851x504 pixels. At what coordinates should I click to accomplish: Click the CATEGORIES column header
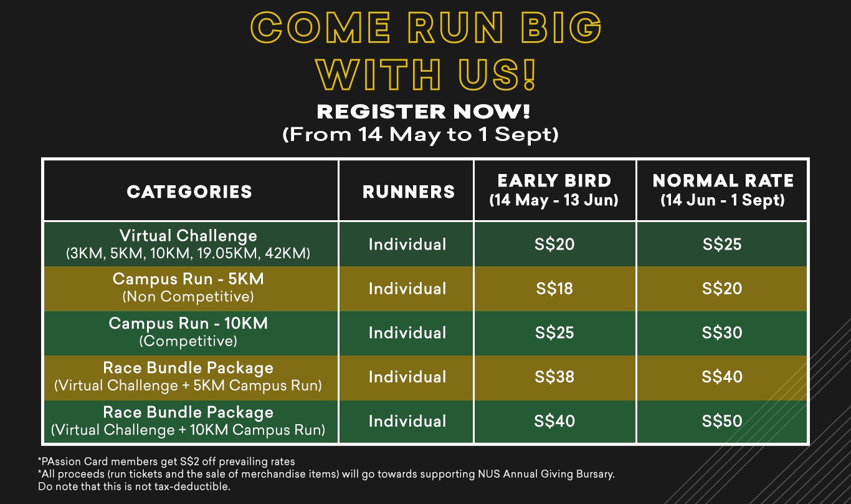pos(189,191)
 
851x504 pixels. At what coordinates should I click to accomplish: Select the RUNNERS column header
pos(409,191)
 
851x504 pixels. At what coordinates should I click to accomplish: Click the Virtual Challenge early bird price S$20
pos(554,244)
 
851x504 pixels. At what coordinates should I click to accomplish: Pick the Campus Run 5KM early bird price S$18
pos(554,288)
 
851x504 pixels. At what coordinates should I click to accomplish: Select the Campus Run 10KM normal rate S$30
pos(722,333)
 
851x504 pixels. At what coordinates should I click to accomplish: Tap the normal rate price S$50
pos(722,421)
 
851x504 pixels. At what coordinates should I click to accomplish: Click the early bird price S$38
pos(554,377)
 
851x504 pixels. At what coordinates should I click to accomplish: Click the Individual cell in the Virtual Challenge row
pos(407,244)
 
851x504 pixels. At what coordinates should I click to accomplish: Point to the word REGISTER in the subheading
pos(381,112)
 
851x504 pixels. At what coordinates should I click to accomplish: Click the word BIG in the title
pos(561,27)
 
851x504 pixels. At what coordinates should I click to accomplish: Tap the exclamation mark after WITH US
pos(529,75)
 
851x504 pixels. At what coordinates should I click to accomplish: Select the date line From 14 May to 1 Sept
pos(420,135)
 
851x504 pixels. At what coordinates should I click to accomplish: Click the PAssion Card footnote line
pos(166,462)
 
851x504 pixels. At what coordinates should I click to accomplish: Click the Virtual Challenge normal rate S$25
pos(722,244)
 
